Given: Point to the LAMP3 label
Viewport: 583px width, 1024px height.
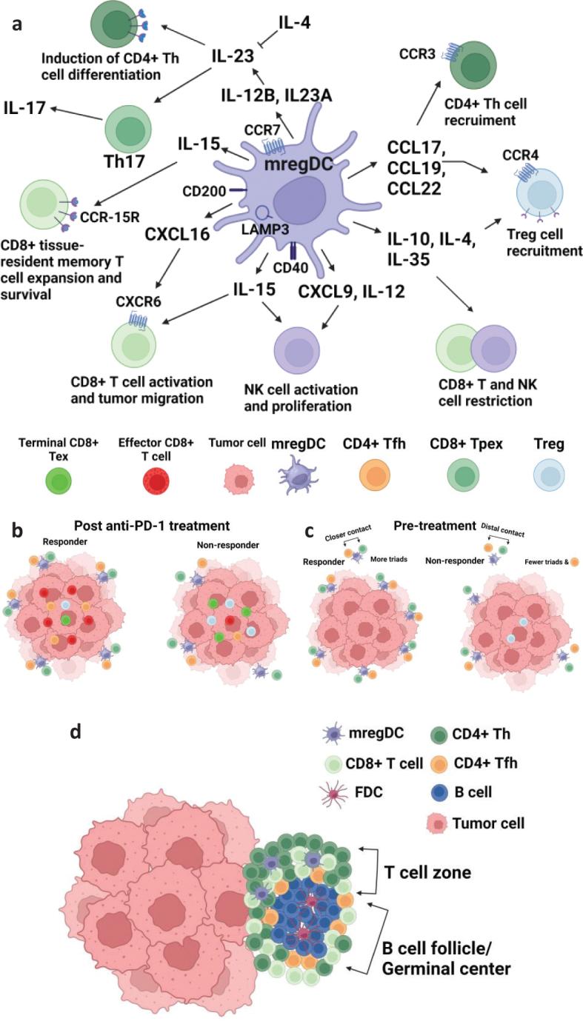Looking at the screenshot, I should pyautogui.click(x=260, y=231).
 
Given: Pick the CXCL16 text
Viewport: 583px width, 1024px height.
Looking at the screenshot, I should pyautogui.click(x=177, y=235).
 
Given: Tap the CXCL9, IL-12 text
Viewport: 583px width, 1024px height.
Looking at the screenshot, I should pyautogui.click(x=352, y=291).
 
